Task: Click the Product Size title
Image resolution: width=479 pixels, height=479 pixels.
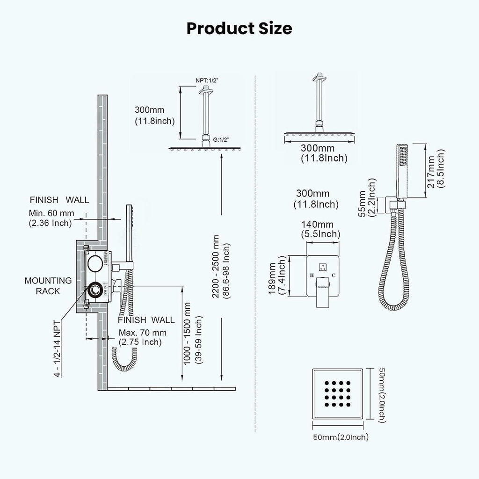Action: pyautogui.click(x=239, y=28)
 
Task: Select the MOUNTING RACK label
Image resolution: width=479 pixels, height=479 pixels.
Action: pyautogui.click(x=48, y=286)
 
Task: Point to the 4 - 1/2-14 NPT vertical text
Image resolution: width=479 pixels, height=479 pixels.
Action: pyautogui.click(x=57, y=348)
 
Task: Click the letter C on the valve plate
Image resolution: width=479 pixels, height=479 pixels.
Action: pyautogui.click(x=334, y=275)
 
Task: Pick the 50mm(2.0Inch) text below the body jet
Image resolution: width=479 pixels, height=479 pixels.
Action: pyautogui.click(x=340, y=437)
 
